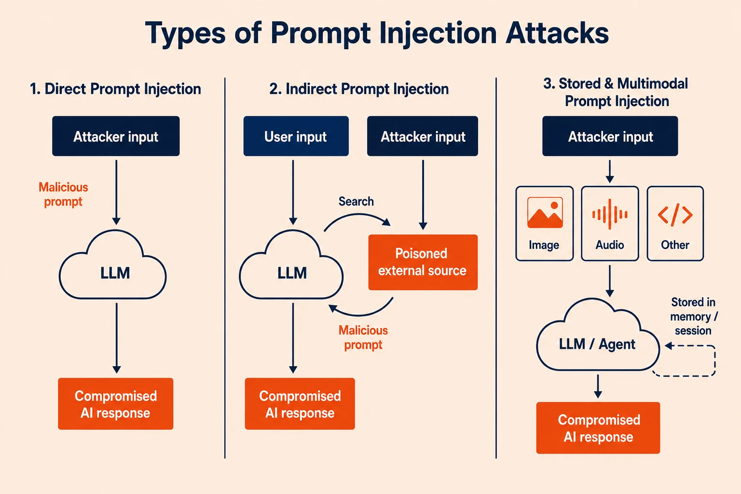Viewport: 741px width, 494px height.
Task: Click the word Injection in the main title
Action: [x=438, y=34]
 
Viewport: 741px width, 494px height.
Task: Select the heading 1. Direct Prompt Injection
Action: [x=115, y=89]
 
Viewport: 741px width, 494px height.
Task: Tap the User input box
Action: [x=296, y=136]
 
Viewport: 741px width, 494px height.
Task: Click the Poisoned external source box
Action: [x=423, y=262]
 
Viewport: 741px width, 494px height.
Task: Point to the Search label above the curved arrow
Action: [x=356, y=201]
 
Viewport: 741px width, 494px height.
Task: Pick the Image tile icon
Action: [x=545, y=213]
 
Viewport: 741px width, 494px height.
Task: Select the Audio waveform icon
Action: [x=610, y=214]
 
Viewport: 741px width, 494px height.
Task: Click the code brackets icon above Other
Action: [x=675, y=215]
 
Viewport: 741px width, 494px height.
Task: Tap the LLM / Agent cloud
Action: [x=597, y=335]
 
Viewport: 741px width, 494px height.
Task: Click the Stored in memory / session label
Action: [x=693, y=316]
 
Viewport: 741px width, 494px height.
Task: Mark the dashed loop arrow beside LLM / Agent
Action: [x=714, y=361]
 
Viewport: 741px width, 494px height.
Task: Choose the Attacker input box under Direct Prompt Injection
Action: [x=116, y=136]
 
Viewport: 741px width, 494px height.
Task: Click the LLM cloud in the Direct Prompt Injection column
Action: [x=113, y=265]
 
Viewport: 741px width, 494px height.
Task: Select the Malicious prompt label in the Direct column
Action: [x=63, y=194]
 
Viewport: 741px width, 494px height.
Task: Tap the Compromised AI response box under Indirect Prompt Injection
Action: [x=300, y=404]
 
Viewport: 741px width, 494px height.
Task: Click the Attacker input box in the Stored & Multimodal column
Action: [x=610, y=136]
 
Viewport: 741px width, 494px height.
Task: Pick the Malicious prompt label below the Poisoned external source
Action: [x=363, y=338]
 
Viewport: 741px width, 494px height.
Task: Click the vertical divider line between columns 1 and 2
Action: [x=225, y=268]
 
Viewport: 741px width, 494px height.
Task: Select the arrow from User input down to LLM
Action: [x=293, y=192]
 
